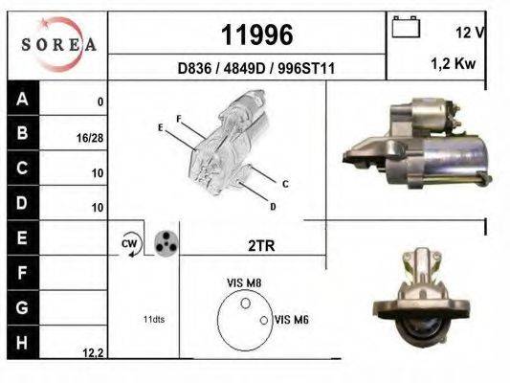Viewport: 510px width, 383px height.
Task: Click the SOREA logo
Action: click(x=57, y=43)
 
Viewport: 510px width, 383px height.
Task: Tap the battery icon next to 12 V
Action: click(x=406, y=29)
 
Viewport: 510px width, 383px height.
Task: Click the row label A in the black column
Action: click(x=22, y=99)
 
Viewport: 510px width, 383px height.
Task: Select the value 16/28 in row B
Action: click(x=90, y=138)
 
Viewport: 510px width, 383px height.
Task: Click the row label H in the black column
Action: click(x=22, y=341)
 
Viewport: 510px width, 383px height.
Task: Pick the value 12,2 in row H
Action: click(x=93, y=353)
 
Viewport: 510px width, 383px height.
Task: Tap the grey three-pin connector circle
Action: click(x=166, y=242)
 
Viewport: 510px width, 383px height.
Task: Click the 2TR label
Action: click(x=260, y=246)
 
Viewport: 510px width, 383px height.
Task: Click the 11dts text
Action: click(x=152, y=319)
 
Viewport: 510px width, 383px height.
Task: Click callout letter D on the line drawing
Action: click(x=273, y=207)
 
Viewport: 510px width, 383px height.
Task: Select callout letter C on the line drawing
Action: click(x=285, y=183)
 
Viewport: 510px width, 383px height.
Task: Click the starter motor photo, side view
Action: click(x=415, y=144)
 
